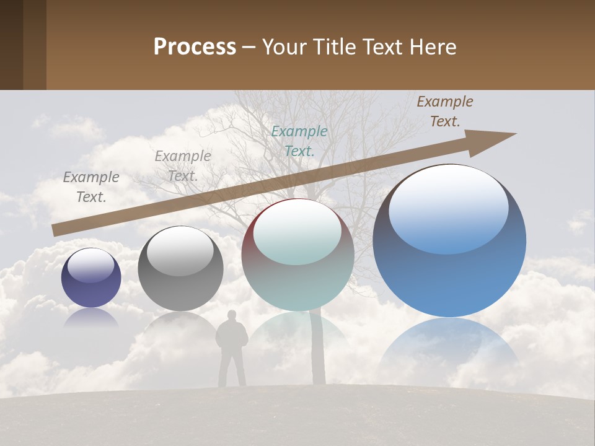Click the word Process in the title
coord(195,47)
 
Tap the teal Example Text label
coord(299,141)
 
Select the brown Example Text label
coord(445,111)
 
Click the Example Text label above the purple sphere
coord(91,187)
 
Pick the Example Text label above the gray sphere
coord(183,166)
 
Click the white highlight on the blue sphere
coord(449,208)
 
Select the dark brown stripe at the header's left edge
coord(11,45)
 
